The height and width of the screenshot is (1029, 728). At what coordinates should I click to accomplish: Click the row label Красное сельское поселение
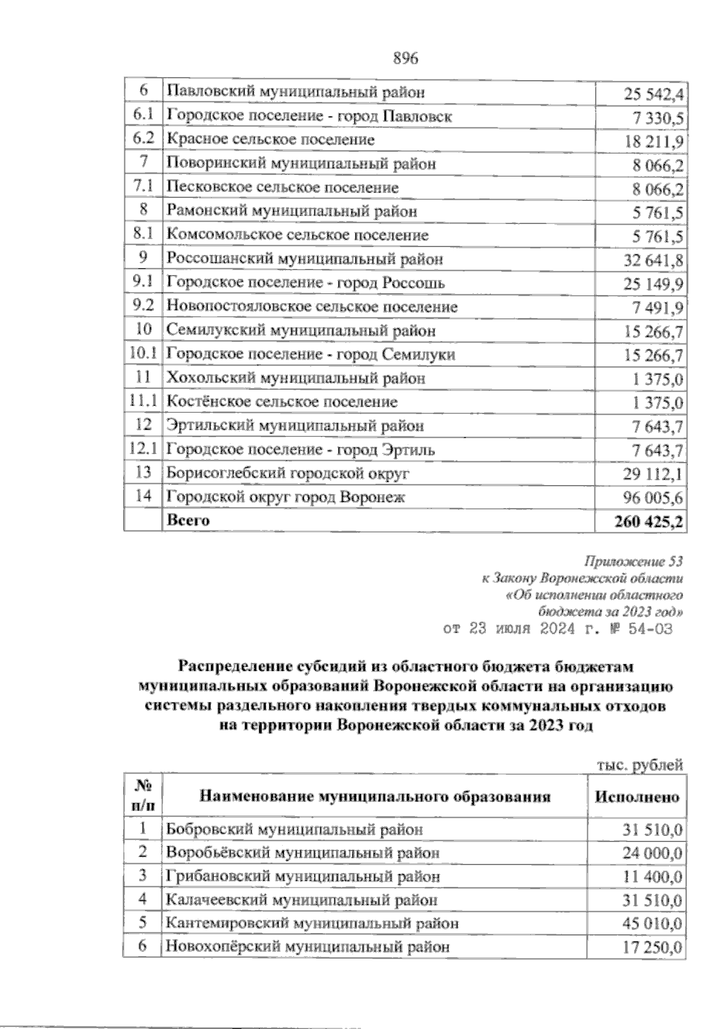pyautogui.click(x=271, y=140)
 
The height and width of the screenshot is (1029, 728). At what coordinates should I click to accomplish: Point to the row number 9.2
pyautogui.click(x=144, y=307)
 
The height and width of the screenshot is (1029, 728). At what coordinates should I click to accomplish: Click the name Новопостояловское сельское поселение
pyautogui.click(x=312, y=307)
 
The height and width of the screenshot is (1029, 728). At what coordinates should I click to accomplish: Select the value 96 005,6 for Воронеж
pyautogui.click(x=653, y=498)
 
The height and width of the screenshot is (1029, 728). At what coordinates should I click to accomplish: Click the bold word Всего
pyautogui.click(x=188, y=520)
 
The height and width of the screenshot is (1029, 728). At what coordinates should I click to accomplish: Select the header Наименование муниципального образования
pyautogui.click(x=375, y=796)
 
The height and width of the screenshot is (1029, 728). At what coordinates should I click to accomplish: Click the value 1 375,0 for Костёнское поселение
pyautogui.click(x=658, y=402)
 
